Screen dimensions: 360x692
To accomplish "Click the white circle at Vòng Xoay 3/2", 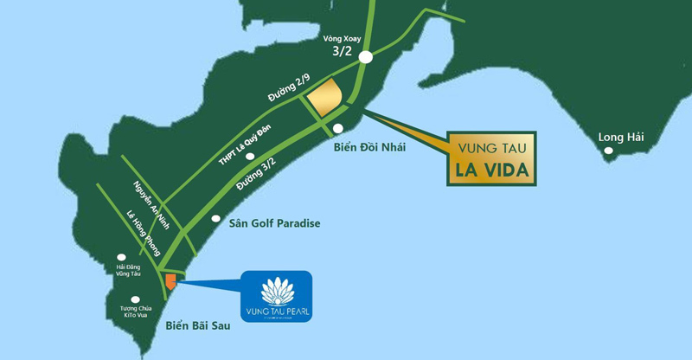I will (366, 57).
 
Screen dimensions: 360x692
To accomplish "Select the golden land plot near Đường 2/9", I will (325, 97).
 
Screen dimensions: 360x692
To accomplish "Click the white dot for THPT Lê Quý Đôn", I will (249, 157).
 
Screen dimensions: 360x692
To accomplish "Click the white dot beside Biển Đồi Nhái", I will (349, 128).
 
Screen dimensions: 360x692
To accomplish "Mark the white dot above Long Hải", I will (609, 151).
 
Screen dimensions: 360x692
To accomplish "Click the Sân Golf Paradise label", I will (274, 223).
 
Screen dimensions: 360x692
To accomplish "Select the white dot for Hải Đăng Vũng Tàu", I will (121, 257).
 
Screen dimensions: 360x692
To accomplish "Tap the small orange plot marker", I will (170, 281).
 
